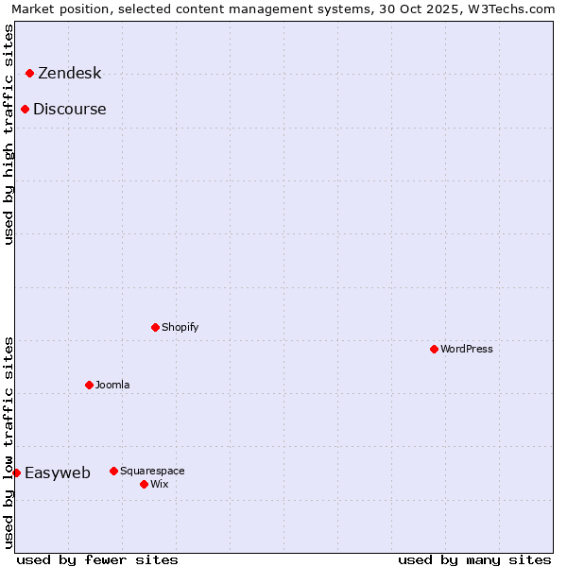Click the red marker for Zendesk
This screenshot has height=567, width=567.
(29, 73)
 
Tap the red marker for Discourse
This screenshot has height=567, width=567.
(25, 109)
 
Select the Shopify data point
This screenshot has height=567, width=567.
(155, 327)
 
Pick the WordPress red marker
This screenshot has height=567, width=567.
(434, 349)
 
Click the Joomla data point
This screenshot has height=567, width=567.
(89, 385)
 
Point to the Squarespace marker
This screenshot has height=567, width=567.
(113, 471)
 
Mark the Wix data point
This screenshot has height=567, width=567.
(144, 484)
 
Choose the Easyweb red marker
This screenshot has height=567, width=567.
(16, 472)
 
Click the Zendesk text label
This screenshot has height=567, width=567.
(69, 74)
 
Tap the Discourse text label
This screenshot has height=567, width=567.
(69, 109)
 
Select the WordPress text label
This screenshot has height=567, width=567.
(466, 349)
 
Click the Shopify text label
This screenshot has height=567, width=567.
(180, 327)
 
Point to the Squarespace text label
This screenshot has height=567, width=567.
(152, 471)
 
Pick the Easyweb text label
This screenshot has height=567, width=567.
(57, 473)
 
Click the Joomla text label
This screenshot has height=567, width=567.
(112, 385)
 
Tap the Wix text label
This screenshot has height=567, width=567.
(159, 484)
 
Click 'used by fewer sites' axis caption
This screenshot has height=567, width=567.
(97, 559)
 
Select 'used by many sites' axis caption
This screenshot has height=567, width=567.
(474, 559)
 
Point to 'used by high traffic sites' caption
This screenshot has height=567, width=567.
(9, 134)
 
